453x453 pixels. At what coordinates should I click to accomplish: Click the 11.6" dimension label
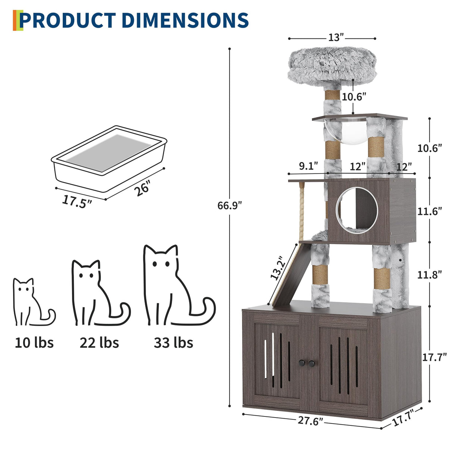(429, 211)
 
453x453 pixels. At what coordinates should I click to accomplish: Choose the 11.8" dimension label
(429, 275)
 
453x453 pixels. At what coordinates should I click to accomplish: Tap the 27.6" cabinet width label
(310, 421)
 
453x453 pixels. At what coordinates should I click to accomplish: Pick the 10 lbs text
(34, 342)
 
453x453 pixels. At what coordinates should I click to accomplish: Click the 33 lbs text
(174, 342)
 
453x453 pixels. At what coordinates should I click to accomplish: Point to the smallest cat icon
(32, 302)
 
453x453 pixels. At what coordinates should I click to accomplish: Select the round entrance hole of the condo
(356, 211)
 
